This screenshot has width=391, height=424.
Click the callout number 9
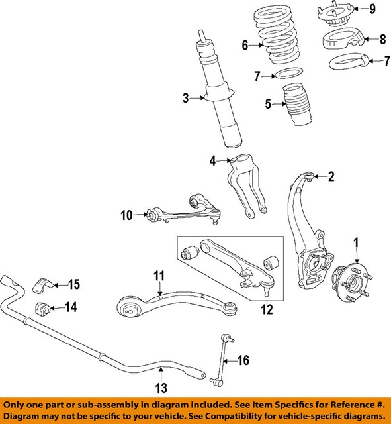[372, 9]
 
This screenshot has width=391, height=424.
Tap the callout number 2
[332, 176]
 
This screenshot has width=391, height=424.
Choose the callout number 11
[159, 274]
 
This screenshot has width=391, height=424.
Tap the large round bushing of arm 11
[130, 307]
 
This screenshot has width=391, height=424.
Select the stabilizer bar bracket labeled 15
[40, 287]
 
